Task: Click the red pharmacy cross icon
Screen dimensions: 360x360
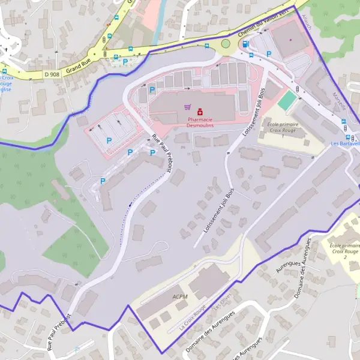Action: (x=200, y=112)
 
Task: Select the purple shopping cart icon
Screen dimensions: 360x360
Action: (x=188, y=108)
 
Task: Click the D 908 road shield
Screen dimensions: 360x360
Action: (x=52, y=74)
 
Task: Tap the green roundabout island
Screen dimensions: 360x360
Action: (x=226, y=43)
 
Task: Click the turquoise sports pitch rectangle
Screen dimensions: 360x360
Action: (x=287, y=100)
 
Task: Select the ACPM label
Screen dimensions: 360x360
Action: (x=180, y=296)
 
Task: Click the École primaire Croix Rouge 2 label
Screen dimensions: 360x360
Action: (x=344, y=251)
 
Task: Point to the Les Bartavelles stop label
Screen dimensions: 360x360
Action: (x=345, y=143)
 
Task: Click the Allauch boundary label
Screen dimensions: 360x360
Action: (x=308, y=23)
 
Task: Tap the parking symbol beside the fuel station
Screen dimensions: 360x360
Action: (x=269, y=54)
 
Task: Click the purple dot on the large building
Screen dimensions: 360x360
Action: (x=290, y=40)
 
